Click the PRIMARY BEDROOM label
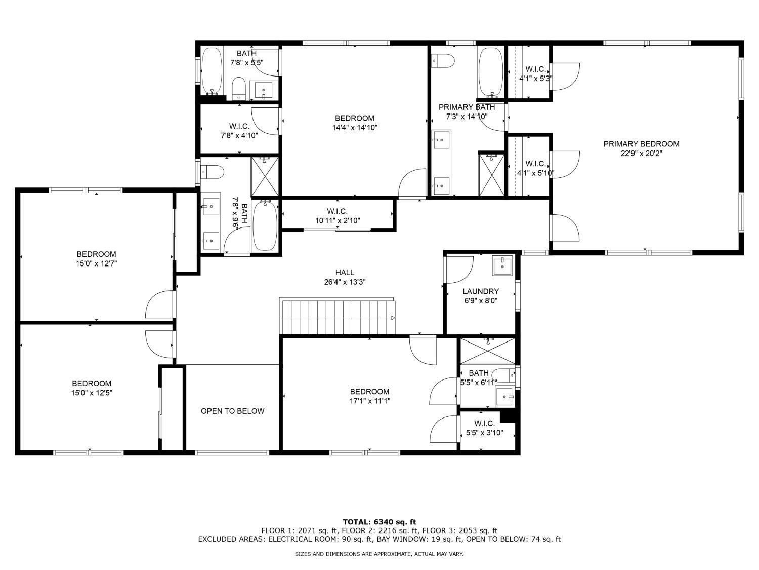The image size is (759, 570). click(641, 144)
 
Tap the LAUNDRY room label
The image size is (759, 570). click(481, 291)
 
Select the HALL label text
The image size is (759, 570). click(345, 273)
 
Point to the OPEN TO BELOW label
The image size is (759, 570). click(232, 411)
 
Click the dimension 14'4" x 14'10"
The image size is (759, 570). click(355, 127)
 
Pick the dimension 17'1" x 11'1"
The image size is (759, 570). click(370, 401)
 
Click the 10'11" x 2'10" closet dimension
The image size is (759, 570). click(338, 220)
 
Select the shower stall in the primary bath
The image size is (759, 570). click(491, 175)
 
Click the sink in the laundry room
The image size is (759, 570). click(502, 266)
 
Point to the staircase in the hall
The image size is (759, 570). click(338, 316)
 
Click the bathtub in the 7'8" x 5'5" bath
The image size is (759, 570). click(212, 70)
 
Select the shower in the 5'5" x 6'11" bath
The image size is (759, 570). click(488, 351)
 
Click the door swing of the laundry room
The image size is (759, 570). click(459, 270)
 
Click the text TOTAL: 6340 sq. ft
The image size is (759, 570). click(379, 522)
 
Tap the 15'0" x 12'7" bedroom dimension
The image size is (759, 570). click(97, 263)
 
